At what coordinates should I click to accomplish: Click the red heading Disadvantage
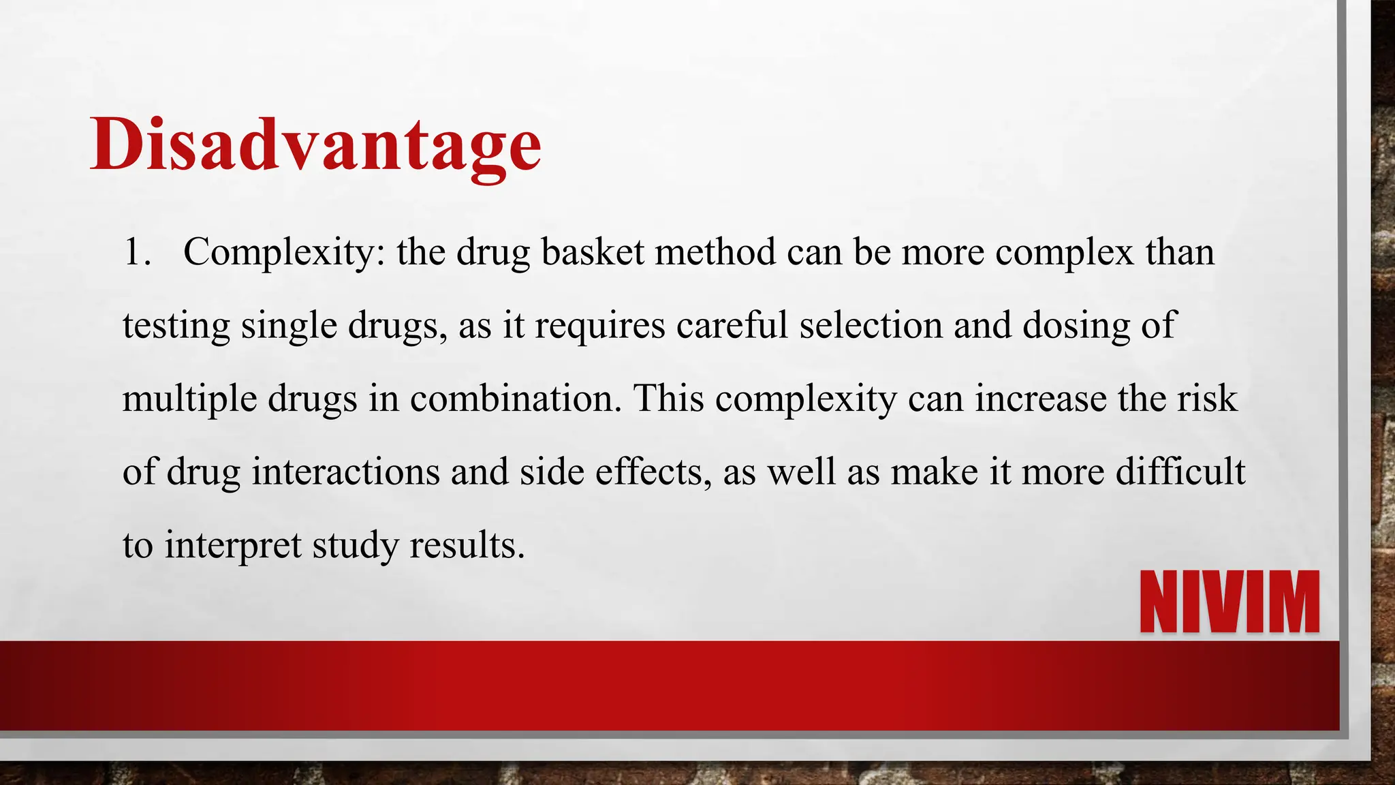point(315,145)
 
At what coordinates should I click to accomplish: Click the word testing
point(176,326)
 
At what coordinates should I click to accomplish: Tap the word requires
point(599,326)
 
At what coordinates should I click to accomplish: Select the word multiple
point(189,399)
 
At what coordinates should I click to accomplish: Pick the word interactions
point(345,472)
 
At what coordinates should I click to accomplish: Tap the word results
point(467,545)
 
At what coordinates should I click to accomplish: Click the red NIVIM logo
point(1229,602)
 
